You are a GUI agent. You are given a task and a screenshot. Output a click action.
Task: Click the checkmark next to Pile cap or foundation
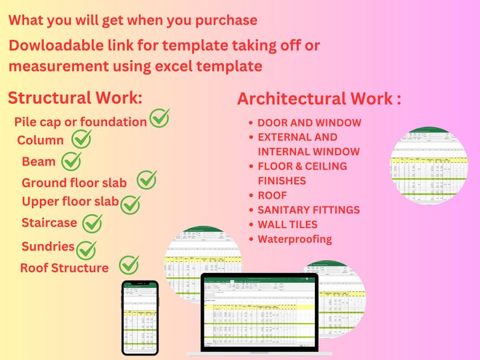pos(159,118)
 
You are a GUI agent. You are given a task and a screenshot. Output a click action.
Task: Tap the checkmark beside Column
pos(81,140)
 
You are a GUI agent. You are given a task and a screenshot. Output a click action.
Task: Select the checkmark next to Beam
pos(71,161)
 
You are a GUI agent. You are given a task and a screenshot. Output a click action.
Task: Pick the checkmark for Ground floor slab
pos(146,179)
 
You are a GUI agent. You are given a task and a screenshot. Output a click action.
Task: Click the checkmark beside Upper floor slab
pos(130,204)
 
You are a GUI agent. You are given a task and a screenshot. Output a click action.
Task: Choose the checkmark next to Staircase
pos(92,224)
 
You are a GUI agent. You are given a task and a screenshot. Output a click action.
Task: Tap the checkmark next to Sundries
pos(86,249)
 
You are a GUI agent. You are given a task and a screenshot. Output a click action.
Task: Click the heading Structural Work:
pos(76,98)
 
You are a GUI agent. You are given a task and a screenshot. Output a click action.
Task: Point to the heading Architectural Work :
pos(319,99)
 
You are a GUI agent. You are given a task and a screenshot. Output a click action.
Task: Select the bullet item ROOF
pos(272,195)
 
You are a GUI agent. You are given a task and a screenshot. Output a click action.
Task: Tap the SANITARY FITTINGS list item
pos(308,210)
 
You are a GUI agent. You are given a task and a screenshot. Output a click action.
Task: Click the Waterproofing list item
pos(294,239)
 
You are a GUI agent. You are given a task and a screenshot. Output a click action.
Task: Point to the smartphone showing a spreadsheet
pos(140,317)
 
